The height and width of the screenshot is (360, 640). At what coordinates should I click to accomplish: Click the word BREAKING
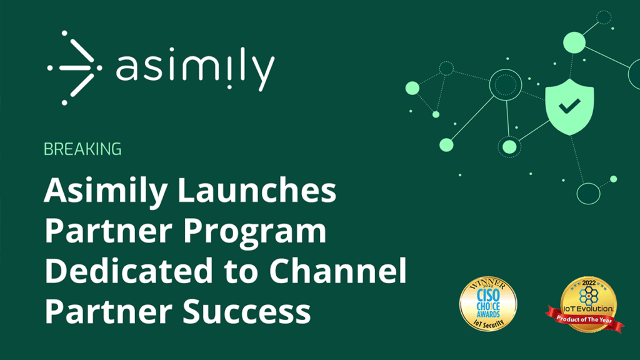82,149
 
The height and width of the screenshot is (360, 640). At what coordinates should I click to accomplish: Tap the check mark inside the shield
569,107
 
